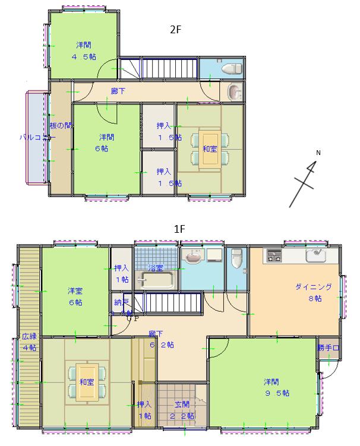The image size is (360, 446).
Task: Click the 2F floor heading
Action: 175,30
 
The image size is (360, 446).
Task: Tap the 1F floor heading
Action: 180,228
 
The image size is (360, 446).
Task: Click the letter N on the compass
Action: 318,153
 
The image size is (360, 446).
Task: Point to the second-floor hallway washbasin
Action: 235,93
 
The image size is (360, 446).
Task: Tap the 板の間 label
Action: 61,125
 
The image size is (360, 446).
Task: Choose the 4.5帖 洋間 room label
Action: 84,50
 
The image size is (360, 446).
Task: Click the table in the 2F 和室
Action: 210,148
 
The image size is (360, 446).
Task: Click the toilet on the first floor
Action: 237,258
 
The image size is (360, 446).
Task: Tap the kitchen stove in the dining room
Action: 274,256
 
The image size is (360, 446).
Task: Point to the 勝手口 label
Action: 327,347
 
